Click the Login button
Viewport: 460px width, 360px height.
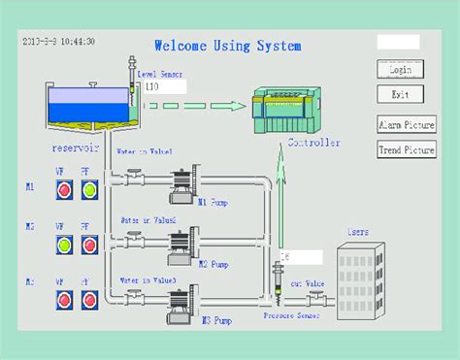pos(398,70)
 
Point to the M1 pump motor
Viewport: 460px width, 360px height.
pos(182,187)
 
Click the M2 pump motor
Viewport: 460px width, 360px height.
pos(182,245)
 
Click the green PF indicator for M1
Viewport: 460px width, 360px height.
pos(89,189)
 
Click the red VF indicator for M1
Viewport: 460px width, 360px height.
pos(64,189)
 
